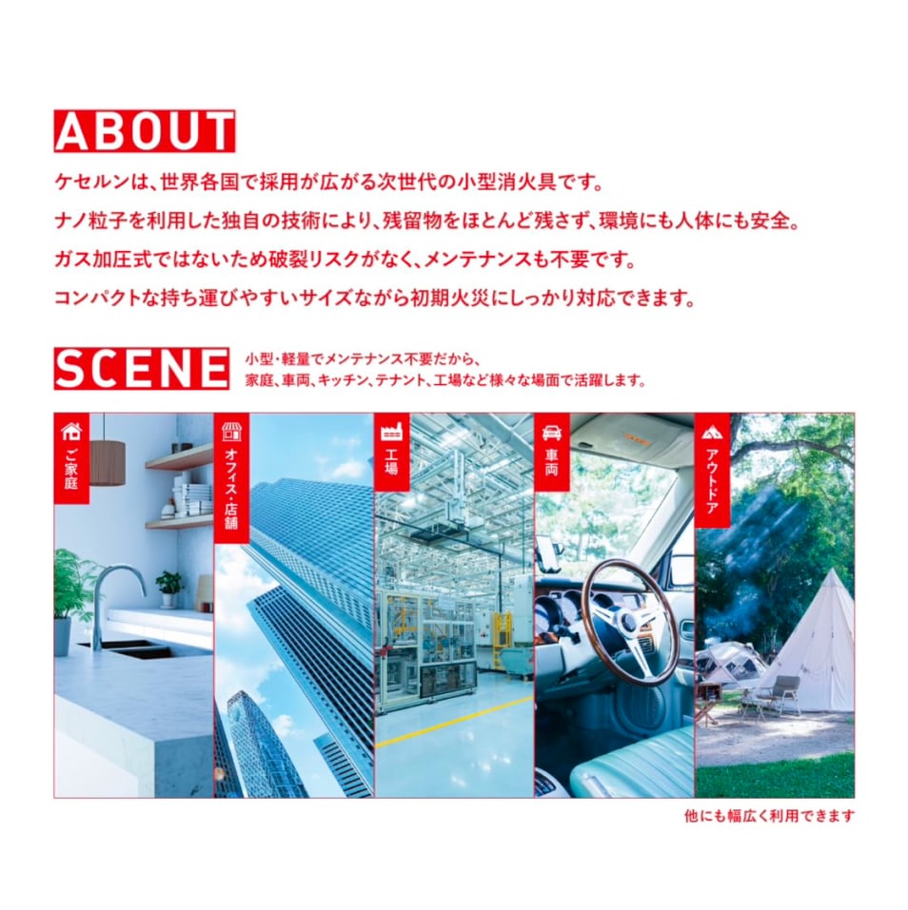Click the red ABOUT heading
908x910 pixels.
tap(145, 131)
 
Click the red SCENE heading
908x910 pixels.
tap(142, 369)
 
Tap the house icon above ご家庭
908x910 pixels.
tap(71, 431)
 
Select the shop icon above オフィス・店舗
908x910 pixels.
tap(231, 431)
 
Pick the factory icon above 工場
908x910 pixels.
tap(391, 432)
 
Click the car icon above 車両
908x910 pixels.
tap(552, 433)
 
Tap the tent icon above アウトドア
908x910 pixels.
tap(712, 432)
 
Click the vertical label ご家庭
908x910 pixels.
tap(71, 468)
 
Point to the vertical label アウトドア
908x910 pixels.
tap(712, 480)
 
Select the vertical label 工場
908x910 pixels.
tap(391, 461)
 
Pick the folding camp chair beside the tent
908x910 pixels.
tap(780, 695)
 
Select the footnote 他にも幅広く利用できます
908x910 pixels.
tap(769, 816)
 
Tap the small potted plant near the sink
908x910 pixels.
tap(169, 589)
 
